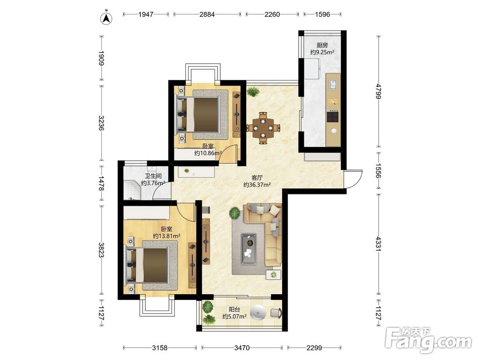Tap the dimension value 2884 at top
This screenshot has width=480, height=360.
207,14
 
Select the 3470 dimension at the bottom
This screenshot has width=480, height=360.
242,348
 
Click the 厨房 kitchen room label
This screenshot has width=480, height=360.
322,45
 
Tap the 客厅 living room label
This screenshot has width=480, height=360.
257,178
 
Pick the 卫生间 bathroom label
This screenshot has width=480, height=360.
153,176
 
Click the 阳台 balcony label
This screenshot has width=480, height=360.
235,310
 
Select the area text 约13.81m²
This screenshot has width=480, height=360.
166,236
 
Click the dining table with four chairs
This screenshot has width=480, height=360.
263,128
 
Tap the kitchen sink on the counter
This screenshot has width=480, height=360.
333,84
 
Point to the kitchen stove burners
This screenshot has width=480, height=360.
333,116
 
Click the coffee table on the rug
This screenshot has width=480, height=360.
249,249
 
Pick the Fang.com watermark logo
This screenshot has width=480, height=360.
428,340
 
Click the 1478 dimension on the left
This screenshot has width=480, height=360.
101,183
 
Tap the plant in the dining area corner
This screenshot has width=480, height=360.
253,91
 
